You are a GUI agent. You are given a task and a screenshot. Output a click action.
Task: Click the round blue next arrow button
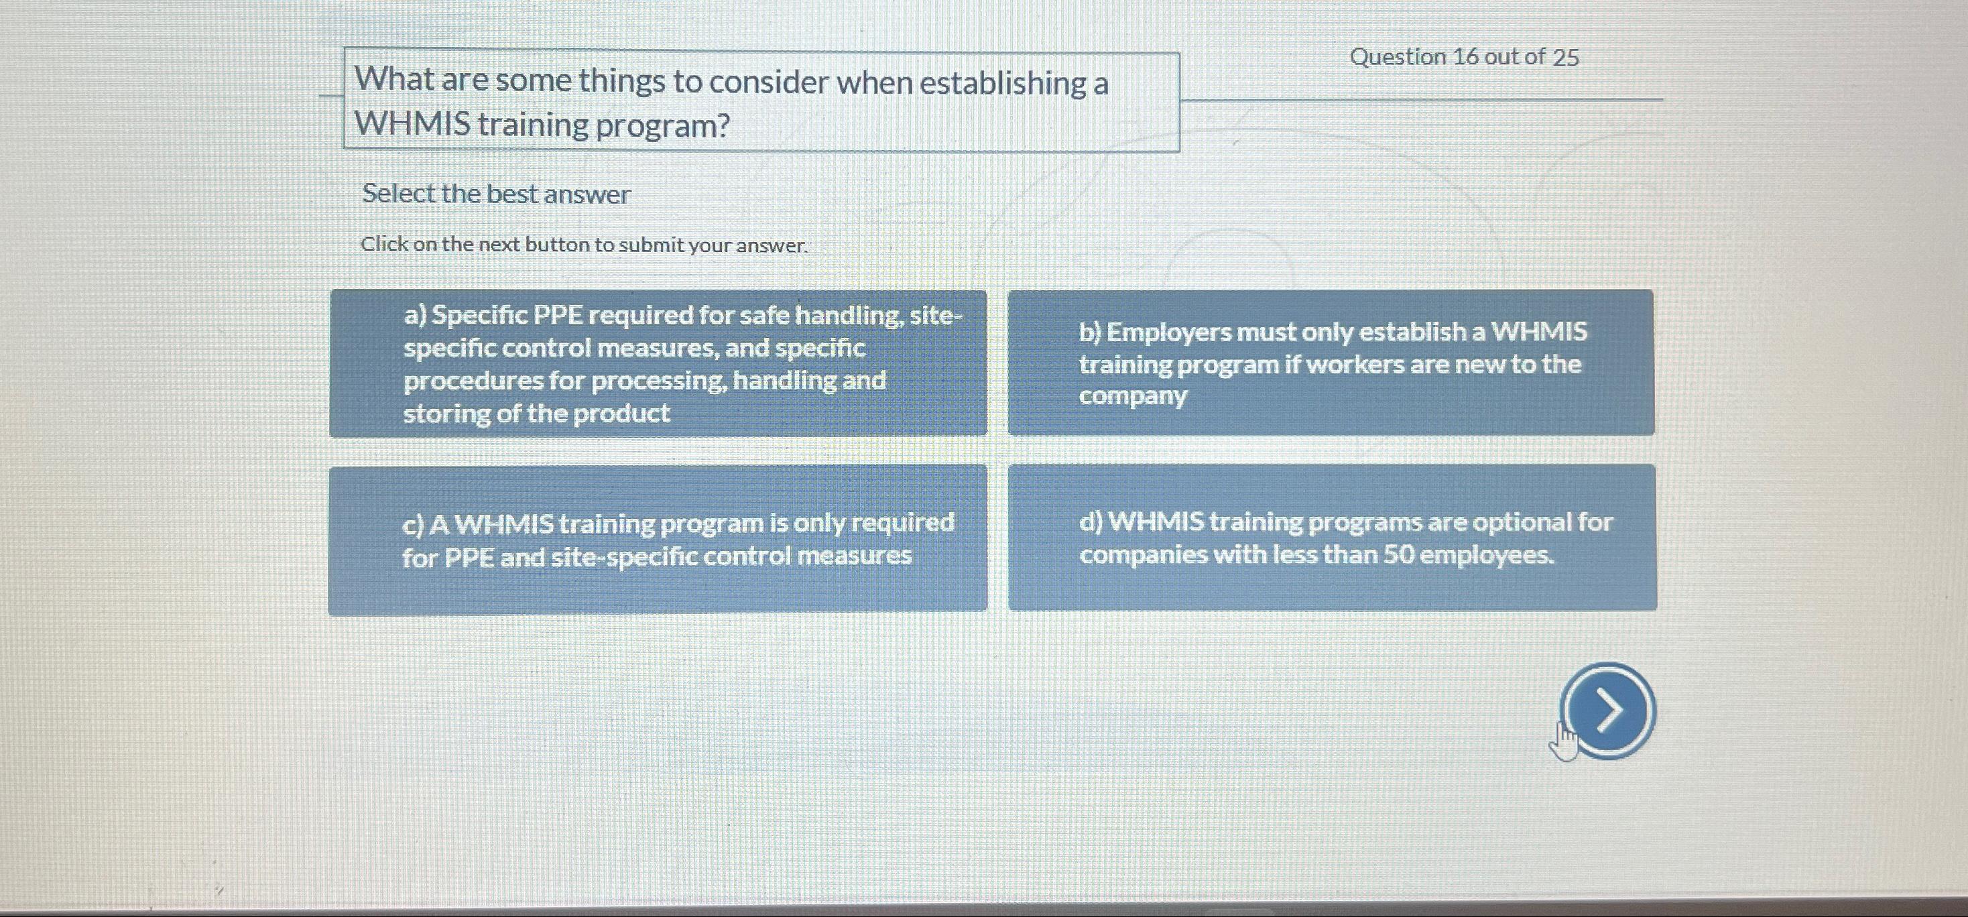tap(1608, 711)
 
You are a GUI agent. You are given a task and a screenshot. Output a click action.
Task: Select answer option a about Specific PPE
tap(658, 364)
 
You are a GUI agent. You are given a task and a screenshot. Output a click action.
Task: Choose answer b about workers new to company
tap(1331, 364)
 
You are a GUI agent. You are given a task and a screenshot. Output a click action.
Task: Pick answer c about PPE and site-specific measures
tap(658, 539)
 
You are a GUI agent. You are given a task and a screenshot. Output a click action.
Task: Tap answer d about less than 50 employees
tap(1333, 538)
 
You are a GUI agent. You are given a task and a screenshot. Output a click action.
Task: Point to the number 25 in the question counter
tap(1565, 58)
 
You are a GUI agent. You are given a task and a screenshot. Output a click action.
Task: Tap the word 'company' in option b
tap(1133, 397)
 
